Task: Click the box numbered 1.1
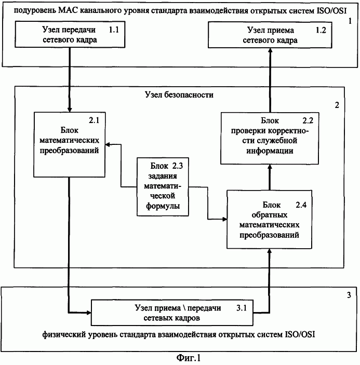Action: (70, 34)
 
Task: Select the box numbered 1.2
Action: (270, 35)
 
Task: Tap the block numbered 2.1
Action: (70, 144)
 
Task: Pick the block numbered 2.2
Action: (270, 138)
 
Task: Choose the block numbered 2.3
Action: (163, 187)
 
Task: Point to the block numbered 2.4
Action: (270, 219)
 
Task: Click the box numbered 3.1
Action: (172, 313)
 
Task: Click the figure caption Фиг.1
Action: (188, 357)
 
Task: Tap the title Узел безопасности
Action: (179, 94)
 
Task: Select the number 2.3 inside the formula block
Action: (178, 166)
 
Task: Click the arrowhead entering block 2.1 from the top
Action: (70, 110)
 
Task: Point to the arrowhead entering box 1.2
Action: (270, 50)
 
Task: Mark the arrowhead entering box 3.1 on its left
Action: (88, 313)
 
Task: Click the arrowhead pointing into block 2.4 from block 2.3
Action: (224, 219)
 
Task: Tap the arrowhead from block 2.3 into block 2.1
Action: (108, 144)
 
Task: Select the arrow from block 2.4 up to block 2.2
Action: (270, 177)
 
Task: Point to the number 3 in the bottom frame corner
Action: (349, 295)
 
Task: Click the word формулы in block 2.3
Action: (163, 206)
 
